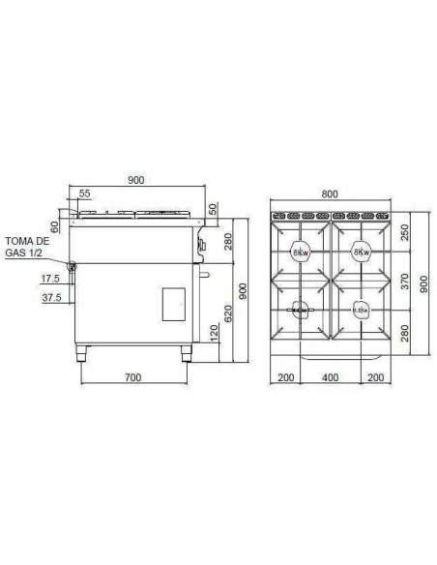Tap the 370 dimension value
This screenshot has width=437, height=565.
click(405, 282)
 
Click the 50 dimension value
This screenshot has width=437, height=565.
click(214, 209)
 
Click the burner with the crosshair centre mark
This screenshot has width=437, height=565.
click(300, 310)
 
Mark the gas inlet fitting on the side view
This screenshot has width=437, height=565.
click(71, 263)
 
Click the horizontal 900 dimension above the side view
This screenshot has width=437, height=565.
click(137, 180)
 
